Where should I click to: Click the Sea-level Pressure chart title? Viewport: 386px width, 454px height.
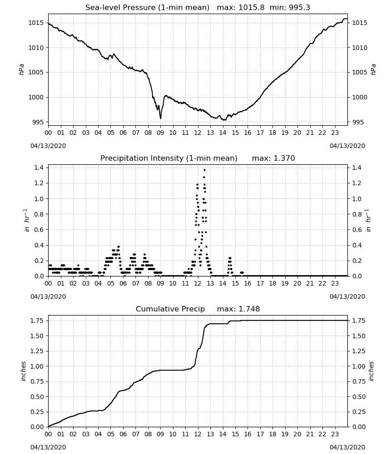click(147, 8)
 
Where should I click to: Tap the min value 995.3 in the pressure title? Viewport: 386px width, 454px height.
click(299, 8)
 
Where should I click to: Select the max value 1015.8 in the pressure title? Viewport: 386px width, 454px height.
click(251, 8)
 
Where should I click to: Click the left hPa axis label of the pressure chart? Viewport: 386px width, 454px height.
click(21, 69)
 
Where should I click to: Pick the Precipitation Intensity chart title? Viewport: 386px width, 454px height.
click(169, 158)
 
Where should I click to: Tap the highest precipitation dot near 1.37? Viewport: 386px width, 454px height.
click(204, 170)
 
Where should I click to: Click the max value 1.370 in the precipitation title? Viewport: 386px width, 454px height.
click(284, 158)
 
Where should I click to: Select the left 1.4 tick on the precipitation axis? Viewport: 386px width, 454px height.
click(39, 168)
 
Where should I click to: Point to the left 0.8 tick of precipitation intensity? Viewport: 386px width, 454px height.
click(39, 214)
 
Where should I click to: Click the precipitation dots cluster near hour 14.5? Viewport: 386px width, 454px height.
click(230, 265)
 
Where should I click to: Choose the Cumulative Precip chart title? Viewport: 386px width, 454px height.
click(170, 309)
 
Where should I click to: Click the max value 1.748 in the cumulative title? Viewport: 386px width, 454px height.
click(249, 309)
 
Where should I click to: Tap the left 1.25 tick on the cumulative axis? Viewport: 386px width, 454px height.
click(37, 351)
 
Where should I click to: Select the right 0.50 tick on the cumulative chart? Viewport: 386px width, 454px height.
click(358, 397)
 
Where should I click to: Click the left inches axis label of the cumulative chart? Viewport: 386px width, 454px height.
click(24, 371)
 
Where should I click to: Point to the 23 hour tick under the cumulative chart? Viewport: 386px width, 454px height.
click(335, 434)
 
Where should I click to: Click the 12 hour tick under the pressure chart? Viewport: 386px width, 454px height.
click(198, 133)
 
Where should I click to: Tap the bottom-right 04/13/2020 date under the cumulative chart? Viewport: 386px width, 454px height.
click(347, 447)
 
